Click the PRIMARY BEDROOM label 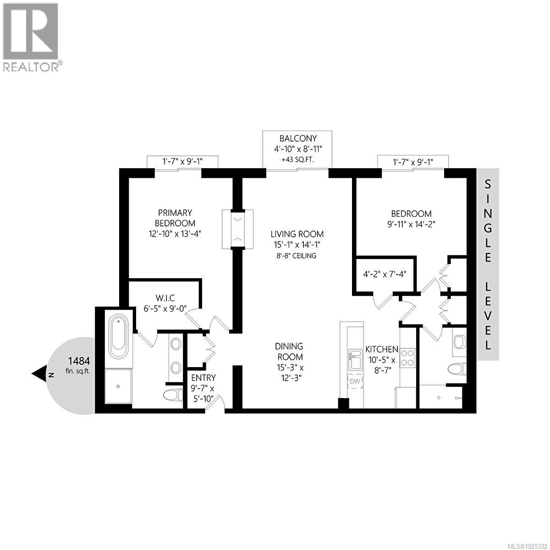tap(175, 218)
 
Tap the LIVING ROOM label tap(297, 234)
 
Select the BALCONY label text tap(298, 138)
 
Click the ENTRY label tap(203, 378)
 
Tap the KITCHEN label tap(381, 349)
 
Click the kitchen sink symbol tap(355, 359)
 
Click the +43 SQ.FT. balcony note tap(298, 160)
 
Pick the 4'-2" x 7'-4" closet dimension tap(385, 275)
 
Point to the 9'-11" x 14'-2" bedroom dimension tap(411, 224)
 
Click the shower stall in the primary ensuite tap(119, 386)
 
